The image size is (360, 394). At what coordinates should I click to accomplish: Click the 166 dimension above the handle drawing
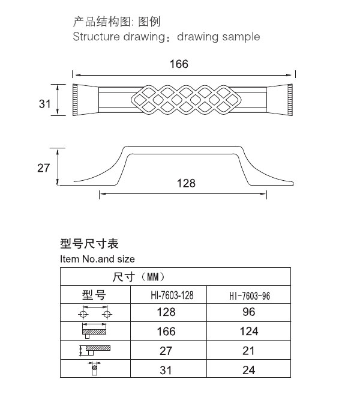tap(179, 64)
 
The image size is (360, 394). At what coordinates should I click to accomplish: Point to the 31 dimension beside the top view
tap(44, 103)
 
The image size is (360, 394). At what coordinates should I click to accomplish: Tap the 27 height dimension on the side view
tap(44, 168)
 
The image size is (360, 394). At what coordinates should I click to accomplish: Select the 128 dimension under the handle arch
tap(186, 183)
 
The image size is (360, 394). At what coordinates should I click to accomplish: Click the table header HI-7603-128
tap(172, 295)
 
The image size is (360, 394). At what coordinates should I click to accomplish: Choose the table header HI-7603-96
tap(250, 295)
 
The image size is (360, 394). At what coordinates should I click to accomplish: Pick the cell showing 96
tap(249, 312)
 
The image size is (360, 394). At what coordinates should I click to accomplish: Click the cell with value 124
tap(249, 331)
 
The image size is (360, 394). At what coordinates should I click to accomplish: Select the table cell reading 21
tap(248, 351)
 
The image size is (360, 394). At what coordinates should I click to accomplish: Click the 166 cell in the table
tap(166, 332)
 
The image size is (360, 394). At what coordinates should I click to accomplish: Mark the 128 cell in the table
tap(166, 312)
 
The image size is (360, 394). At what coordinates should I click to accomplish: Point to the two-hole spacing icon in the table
tap(95, 312)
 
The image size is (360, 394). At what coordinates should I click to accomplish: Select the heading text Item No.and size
tap(97, 259)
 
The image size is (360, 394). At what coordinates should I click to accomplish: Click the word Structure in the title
tap(96, 37)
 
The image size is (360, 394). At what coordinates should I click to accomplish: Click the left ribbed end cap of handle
tap(75, 100)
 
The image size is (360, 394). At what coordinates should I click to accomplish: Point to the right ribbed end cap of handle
tap(290, 100)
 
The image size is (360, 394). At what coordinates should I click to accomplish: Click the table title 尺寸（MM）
tap(139, 277)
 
